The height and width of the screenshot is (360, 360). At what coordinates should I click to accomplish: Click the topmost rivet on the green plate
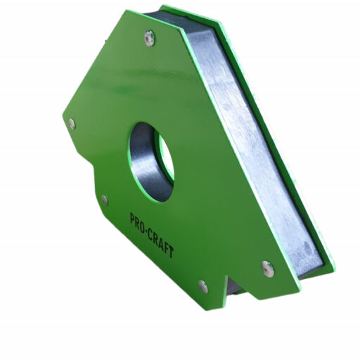[x=149, y=38]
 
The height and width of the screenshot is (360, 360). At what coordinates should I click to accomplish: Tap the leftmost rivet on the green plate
[x=72, y=124]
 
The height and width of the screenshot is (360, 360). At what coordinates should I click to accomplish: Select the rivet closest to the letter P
[x=105, y=200]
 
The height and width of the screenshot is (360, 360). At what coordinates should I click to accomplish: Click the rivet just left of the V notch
[x=203, y=287]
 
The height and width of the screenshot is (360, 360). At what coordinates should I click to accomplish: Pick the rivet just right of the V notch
[x=268, y=269]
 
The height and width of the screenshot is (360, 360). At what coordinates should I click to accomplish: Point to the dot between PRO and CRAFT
[x=147, y=231]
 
